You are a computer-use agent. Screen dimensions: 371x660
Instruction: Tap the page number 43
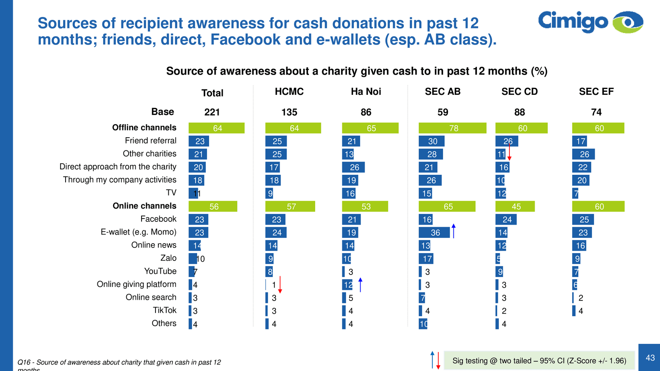[x=650, y=358]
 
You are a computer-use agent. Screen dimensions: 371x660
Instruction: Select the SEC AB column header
[x=443, y=92]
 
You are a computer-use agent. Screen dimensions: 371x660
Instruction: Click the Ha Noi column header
[x=366, y=92]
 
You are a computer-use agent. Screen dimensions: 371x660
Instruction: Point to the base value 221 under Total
[x=212, y=112]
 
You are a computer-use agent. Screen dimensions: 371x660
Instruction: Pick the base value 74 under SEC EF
[x=596, y=112]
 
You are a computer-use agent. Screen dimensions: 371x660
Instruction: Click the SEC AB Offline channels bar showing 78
[x=453, y=128]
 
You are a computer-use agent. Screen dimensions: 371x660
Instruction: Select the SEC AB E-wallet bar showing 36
[x=434, y=232]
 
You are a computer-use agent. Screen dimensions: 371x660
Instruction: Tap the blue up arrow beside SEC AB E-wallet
[x=453, y=231]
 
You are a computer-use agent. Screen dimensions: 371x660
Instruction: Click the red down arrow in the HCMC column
[x=280, y=285]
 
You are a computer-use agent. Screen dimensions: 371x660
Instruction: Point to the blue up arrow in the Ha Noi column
[x=360, y=285]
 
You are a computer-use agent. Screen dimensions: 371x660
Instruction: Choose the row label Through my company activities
[x=120, y=180]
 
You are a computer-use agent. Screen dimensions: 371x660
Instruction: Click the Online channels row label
[x=144, y=206]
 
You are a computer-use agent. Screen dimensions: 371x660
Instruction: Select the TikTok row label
[x=165, y=310]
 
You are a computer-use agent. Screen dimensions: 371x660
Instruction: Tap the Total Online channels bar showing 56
[x=213, y=207]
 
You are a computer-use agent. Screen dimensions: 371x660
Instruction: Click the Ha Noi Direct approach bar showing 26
[x=354, y=167]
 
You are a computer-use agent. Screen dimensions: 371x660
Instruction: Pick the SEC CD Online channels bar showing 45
[x=515, y=207]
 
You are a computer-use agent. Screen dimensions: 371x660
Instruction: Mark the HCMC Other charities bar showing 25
[x=276, y=154]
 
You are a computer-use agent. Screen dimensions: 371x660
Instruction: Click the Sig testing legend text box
[x=539, y=361]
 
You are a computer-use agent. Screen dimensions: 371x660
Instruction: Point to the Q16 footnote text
[x=119, y=363]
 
